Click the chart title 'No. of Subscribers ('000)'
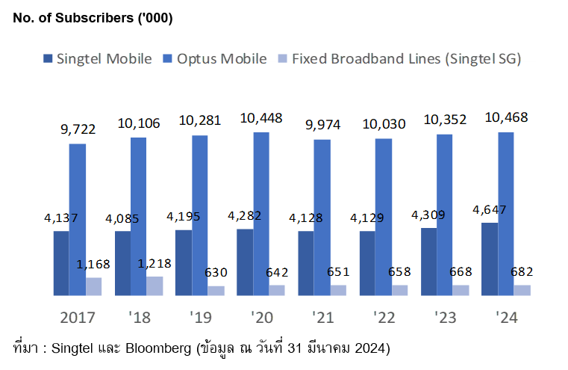[x=93, y=19]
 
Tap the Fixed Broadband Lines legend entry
[x=399, y=58]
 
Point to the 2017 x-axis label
[x=78, y=318]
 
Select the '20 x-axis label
[x=261, y=318]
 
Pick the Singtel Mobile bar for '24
[x=490, y=259]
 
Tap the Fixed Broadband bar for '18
[x=155, y=286]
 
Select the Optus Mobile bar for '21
[x=322, y=217]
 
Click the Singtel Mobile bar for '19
[x=184, y=262]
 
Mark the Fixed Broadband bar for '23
[x=461, y=290]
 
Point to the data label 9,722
[x=78, y=129]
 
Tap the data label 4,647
[x=490, y=209]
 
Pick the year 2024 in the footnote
[x=369, y=348]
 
